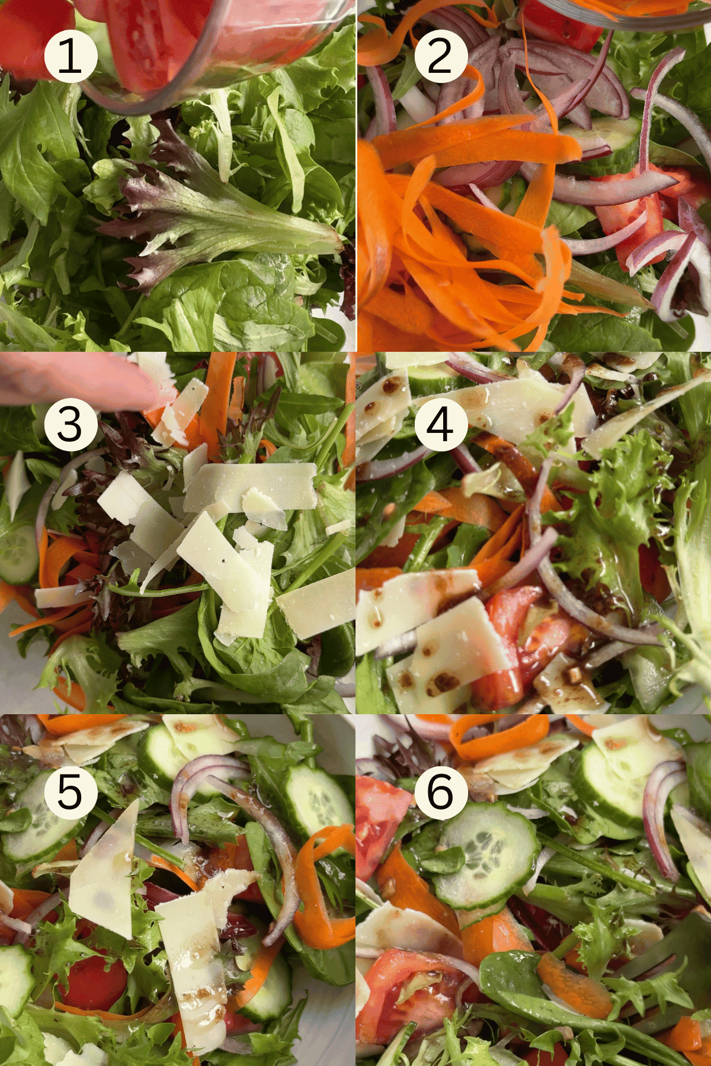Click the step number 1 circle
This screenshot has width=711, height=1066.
(x=71, y=56)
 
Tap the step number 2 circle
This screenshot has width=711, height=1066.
(x=441, y=56)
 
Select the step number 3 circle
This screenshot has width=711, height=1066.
(x=71, y=424)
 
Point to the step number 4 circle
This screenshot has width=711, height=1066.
(x=441, y=424)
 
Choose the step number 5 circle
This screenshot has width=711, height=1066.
(x=71, y=792)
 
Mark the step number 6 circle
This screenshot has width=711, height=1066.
(x=441, y=792)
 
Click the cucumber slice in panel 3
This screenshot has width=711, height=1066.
(x=18, y=554)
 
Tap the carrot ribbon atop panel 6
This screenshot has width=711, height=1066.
(x=498, y=734)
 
